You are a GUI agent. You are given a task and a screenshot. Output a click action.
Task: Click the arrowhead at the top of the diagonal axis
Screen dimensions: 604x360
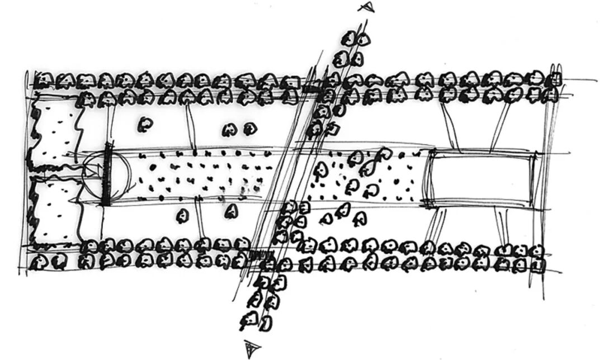[x=366, y=7]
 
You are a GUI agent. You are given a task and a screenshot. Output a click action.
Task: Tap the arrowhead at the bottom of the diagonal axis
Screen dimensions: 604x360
[x=249, y=349]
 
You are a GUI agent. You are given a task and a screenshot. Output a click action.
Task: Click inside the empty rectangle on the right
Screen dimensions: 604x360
[x=481, y=179]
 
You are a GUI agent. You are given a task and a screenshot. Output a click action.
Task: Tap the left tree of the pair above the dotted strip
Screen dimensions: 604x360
[x=229, y=130]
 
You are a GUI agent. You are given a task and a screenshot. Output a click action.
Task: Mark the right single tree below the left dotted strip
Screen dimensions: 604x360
[x=230, y=211]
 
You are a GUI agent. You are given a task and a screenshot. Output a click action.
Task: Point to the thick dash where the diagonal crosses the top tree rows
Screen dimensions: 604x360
[x=310, y=88]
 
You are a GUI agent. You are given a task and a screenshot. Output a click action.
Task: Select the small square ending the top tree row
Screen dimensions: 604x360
[x=556, y=79]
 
